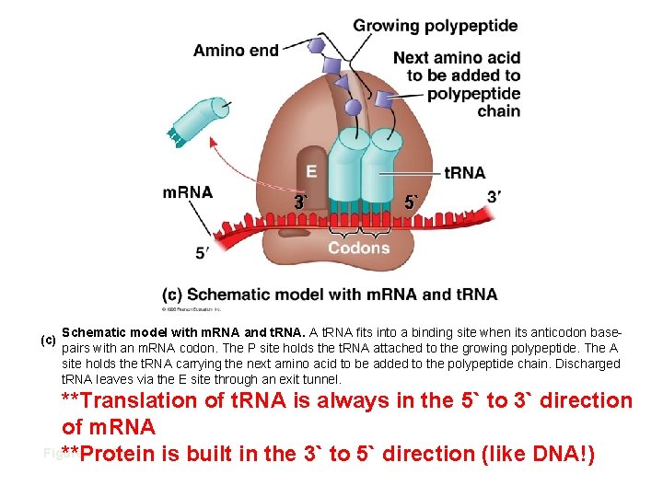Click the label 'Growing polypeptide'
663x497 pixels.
[435, 26]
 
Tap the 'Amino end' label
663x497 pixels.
[236, 50]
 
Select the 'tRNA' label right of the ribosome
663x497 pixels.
[464, 173]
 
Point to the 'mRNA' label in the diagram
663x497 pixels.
[188, 192]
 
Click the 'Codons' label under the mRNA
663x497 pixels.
[359, 248]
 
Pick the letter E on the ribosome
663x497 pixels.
[311, 171]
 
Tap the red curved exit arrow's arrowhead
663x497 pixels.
[214, 141]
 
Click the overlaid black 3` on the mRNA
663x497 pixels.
[299, 202]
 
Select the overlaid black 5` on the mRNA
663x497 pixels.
[411, 202]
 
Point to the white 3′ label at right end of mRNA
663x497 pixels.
[494, 196]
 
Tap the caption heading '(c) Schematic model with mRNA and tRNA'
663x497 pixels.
[330, 295]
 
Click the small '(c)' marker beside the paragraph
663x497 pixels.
[49, 340]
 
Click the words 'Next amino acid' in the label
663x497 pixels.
[457, 58]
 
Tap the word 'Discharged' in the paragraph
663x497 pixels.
[582, 364]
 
